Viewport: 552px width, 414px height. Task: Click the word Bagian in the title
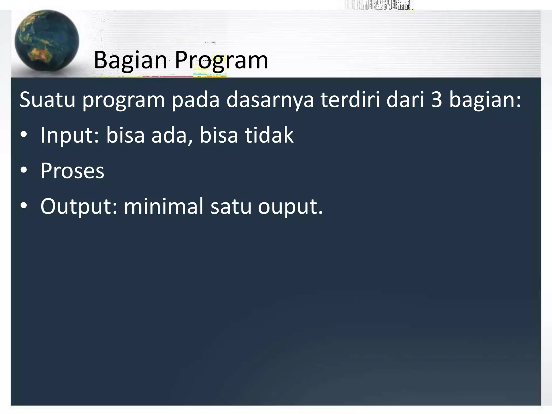[x=130, y=61]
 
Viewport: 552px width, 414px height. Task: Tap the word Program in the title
[x=221, y=61]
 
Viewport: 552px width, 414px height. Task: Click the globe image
[x=47, y=42]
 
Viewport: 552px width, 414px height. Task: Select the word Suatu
[x=47, y=100]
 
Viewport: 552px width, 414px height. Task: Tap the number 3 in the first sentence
[x=436, y=100]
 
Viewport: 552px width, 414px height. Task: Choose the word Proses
[x=72, y=171]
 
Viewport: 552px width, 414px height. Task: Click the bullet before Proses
[x=24, y=171]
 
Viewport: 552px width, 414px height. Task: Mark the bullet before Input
[x=24, y=135]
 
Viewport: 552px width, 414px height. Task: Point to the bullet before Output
[x=24, y=206]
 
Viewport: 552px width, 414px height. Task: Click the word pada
[x=195, y=100]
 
